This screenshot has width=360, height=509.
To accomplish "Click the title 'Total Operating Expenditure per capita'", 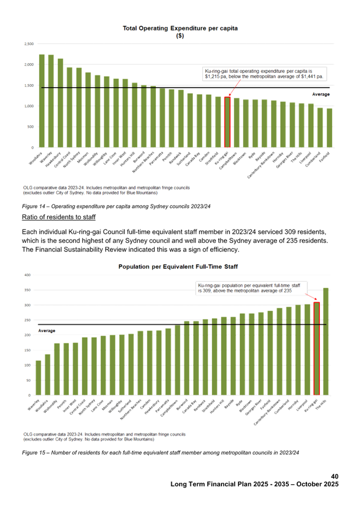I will tap(181, 28).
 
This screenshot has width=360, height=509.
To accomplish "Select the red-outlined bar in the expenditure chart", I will tap(227, 121).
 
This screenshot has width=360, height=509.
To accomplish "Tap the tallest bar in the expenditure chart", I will tap(42, 101).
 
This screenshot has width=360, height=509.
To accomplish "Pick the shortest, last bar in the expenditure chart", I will tap(329, 128).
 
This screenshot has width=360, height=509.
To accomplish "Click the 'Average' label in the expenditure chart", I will tap(320, 94).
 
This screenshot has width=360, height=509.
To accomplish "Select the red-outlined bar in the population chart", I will tap(316, 348).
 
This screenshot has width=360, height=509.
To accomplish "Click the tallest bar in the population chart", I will tap(326, 341).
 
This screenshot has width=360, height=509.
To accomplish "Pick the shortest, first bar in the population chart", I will tap(38, 377).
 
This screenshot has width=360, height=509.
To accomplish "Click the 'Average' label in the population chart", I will tap(46, 330).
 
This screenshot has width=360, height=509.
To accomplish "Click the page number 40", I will tap(334, 476).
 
